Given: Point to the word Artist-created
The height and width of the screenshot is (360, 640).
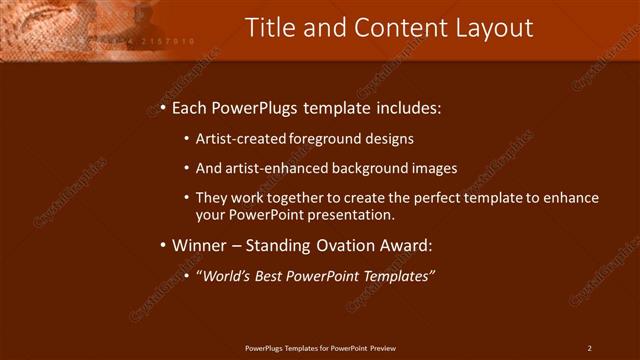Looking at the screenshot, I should click(240, 139).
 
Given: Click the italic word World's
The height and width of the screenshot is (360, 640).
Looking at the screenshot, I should click(226, 276).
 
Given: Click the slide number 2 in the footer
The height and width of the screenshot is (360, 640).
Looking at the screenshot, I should click(589, 348).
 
